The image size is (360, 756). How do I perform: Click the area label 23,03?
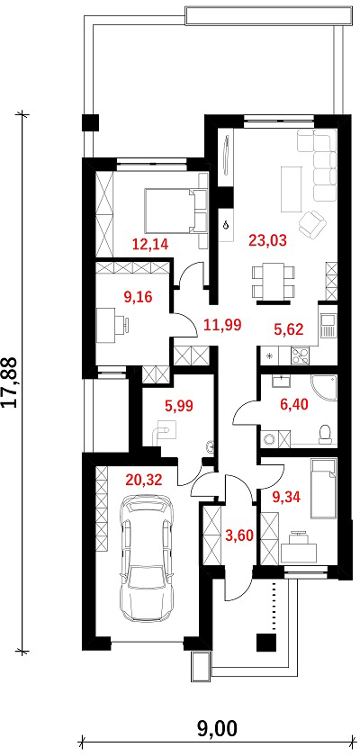tap(267, 239)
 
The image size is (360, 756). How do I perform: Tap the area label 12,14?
tap(150, 245)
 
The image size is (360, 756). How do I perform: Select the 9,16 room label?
tap(138, 297)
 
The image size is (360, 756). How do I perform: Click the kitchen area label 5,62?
tap(289, 329)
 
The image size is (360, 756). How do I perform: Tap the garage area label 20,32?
tap(143, 479)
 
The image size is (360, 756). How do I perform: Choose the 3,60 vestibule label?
tap(239, 535)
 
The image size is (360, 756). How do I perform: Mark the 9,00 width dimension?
tap(218, 729)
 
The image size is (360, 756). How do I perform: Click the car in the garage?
tap(147, 558)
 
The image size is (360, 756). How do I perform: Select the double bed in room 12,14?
tap(175, 211)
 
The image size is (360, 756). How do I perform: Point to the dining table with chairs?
tap(273, 282)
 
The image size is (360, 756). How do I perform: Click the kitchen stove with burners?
tap(301, 355)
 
